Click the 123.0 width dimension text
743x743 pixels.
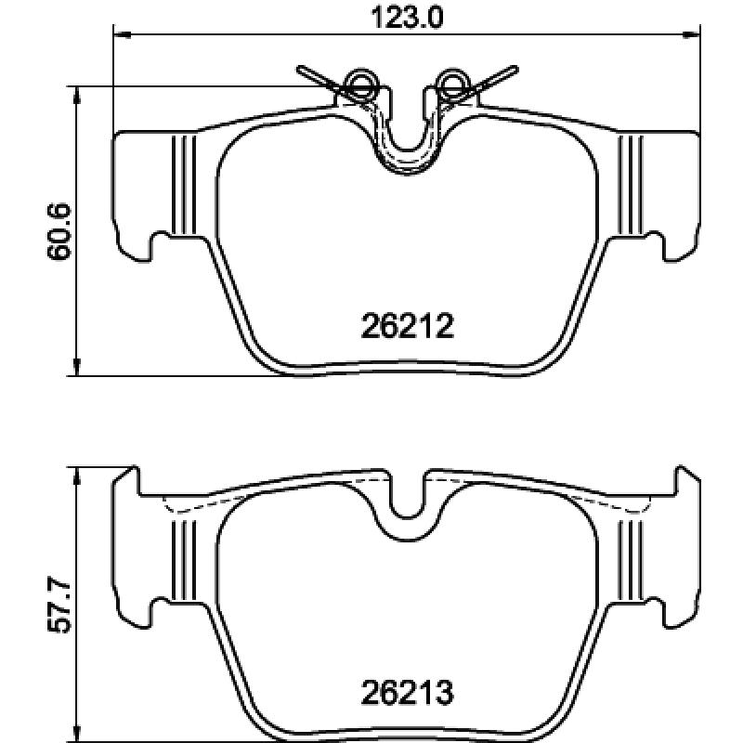pyautogui.click(x=407, y=18)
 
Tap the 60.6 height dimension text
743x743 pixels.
pyautogui.click(x=59, y=231)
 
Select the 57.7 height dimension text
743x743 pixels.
pyautogui.click(x=59, y=606)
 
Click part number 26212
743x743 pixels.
pyautogui.click(x=407, y=326)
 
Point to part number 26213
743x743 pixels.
pyautogui.click(x=407, y=692)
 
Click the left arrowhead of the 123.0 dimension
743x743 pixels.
pyautogui.click(x=123, y=34)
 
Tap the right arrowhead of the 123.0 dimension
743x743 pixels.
pyautogui.click(x=691, y=34)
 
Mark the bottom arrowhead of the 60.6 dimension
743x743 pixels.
pyautogui.click(x=76, y=367)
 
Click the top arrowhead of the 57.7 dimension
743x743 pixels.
pyautogui.click(x=76, y=476)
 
